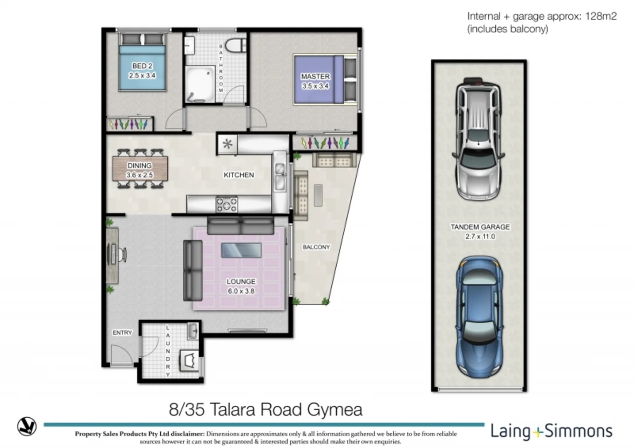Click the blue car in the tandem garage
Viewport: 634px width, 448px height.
[x=479, y=317]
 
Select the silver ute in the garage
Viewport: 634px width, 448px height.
[x=479, y=139]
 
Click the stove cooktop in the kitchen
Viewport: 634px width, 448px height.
[x=226, y=205]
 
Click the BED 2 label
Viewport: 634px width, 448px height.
[x=142, y=66]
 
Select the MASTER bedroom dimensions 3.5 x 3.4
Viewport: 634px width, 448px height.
[x=315, y=86]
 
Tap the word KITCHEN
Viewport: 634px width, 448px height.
[x=239, y=175]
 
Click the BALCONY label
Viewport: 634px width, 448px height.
[x=316, y=247]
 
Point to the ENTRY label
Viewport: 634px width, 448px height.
[x=122, y=333]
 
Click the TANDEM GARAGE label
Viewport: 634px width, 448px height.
[x=480, y=227]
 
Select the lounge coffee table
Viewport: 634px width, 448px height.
[x=241, y=250]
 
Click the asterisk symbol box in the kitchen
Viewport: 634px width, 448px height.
[x=227, y=144]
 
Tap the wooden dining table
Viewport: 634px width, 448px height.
[x=140, y=168]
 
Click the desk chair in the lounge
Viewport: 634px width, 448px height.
[x=122, y=254]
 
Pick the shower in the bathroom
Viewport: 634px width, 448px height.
[x=200, y=84]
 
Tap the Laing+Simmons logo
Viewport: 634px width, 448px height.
[x=551, y=431]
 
